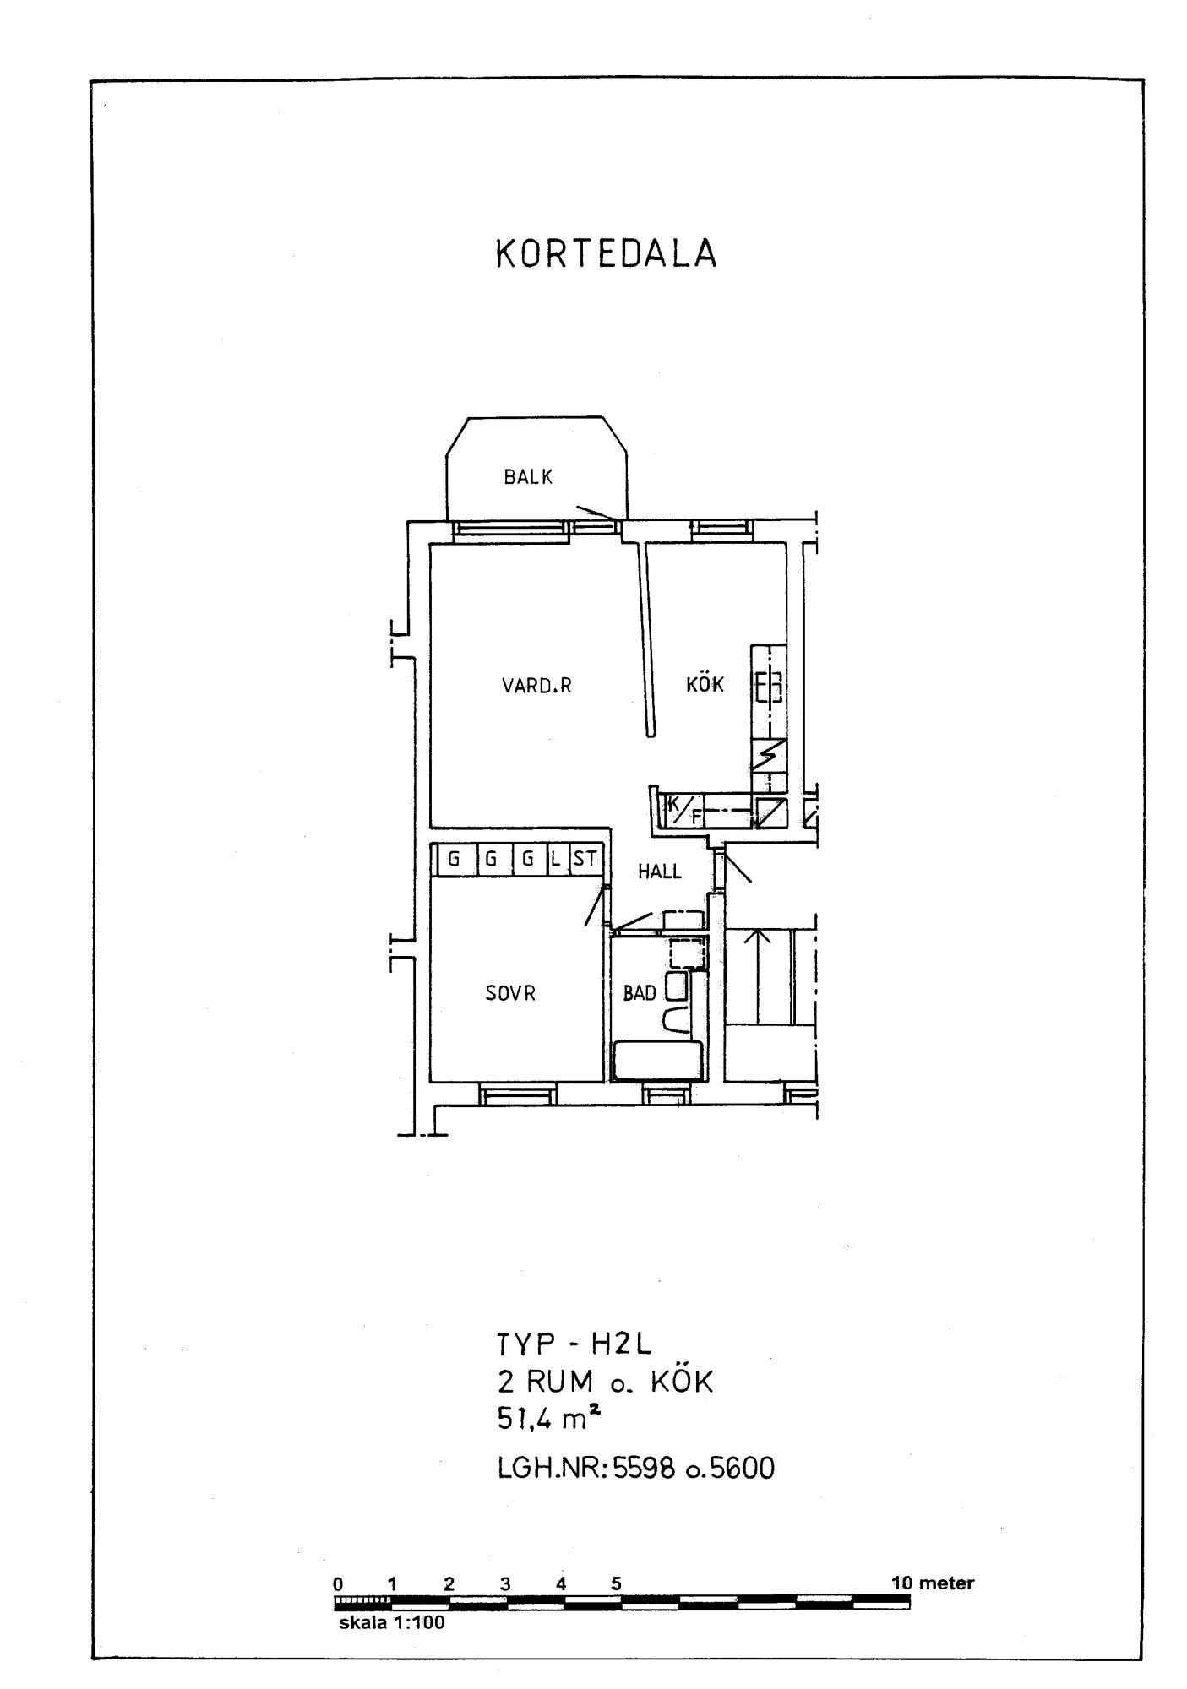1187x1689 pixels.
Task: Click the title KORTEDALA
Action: pyautogui.click(x=606, y=254)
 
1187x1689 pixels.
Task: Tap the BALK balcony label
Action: pyautogui.click(x=528, y=477)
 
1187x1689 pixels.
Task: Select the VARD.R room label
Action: pyautogui.click(x=536, y=686)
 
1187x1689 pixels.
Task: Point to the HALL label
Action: pyautogui.click(x=660, y=872)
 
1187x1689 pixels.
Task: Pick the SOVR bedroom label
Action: pyautogui.click(x=510, y=994)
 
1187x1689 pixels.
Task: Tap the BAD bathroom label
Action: pyautogui.click(x=640, y=994)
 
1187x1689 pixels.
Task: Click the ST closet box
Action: pyautogui.click(x=585, y=860)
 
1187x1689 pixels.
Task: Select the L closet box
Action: pyautogui.click(x=557, y=860)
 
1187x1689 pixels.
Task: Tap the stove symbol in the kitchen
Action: pyautogui.click(x=769, y=687)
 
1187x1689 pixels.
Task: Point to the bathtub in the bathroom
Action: pyautogui.click(x=658, y=1060)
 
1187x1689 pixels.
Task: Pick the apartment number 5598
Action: pyautogui.click(x=645, y=1469)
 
